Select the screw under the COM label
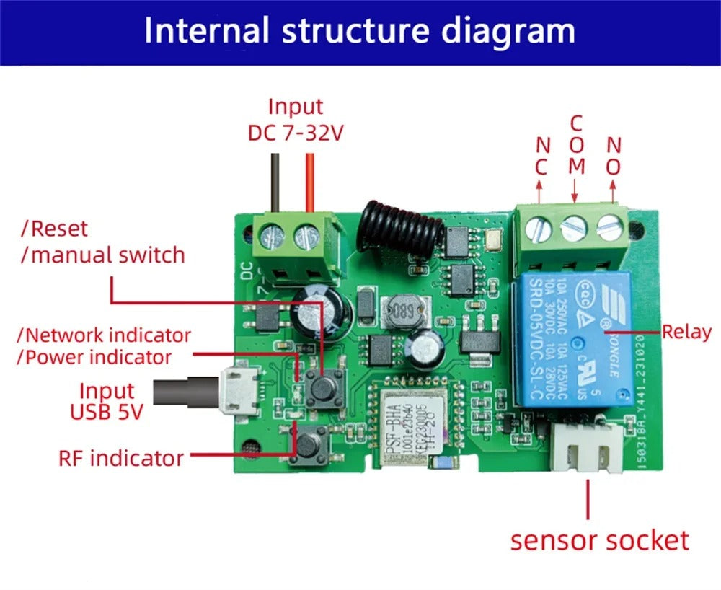click(x=575, y=228)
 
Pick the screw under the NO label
click(x=610, y=228)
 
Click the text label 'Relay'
click(x=686, y=332)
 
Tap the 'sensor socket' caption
click(x=599, y=540)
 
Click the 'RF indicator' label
click(x=121, y=457)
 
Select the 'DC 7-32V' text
click(x=296, y=133)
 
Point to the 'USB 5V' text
click(x=107, y=413)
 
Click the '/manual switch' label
click(x=102, y=255)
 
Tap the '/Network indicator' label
click(x=105, y=335)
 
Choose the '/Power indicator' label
click(x=95, y=357)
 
